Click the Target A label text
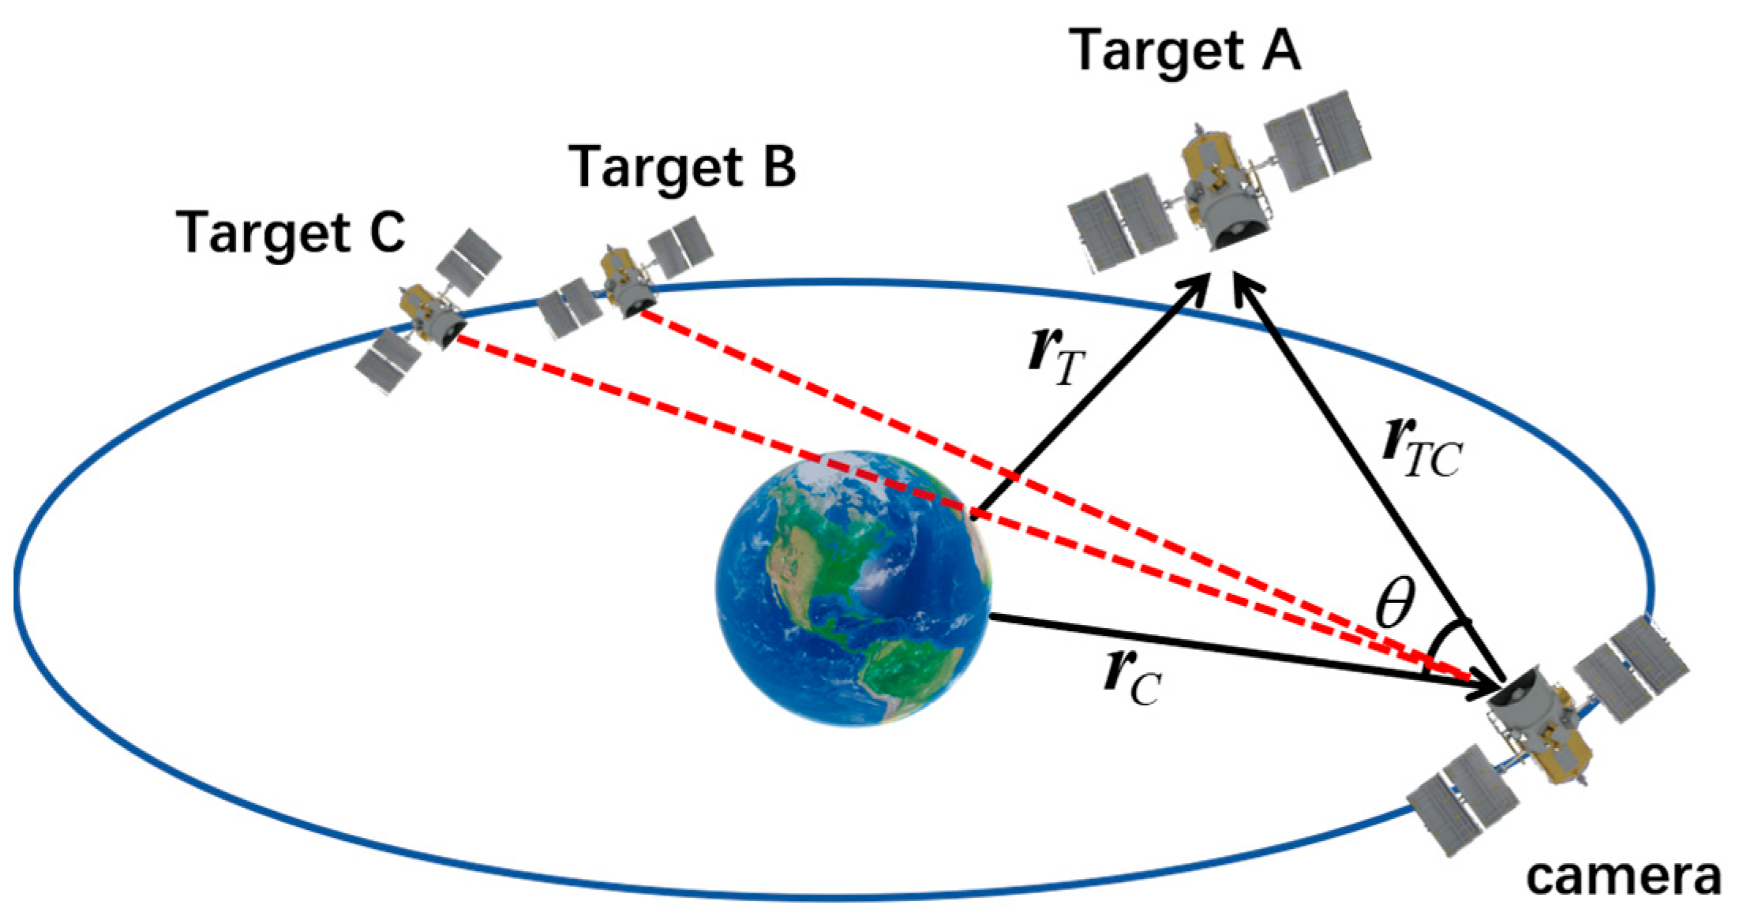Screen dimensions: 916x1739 click(1184, 51)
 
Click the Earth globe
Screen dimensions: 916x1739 click(853, 588)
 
